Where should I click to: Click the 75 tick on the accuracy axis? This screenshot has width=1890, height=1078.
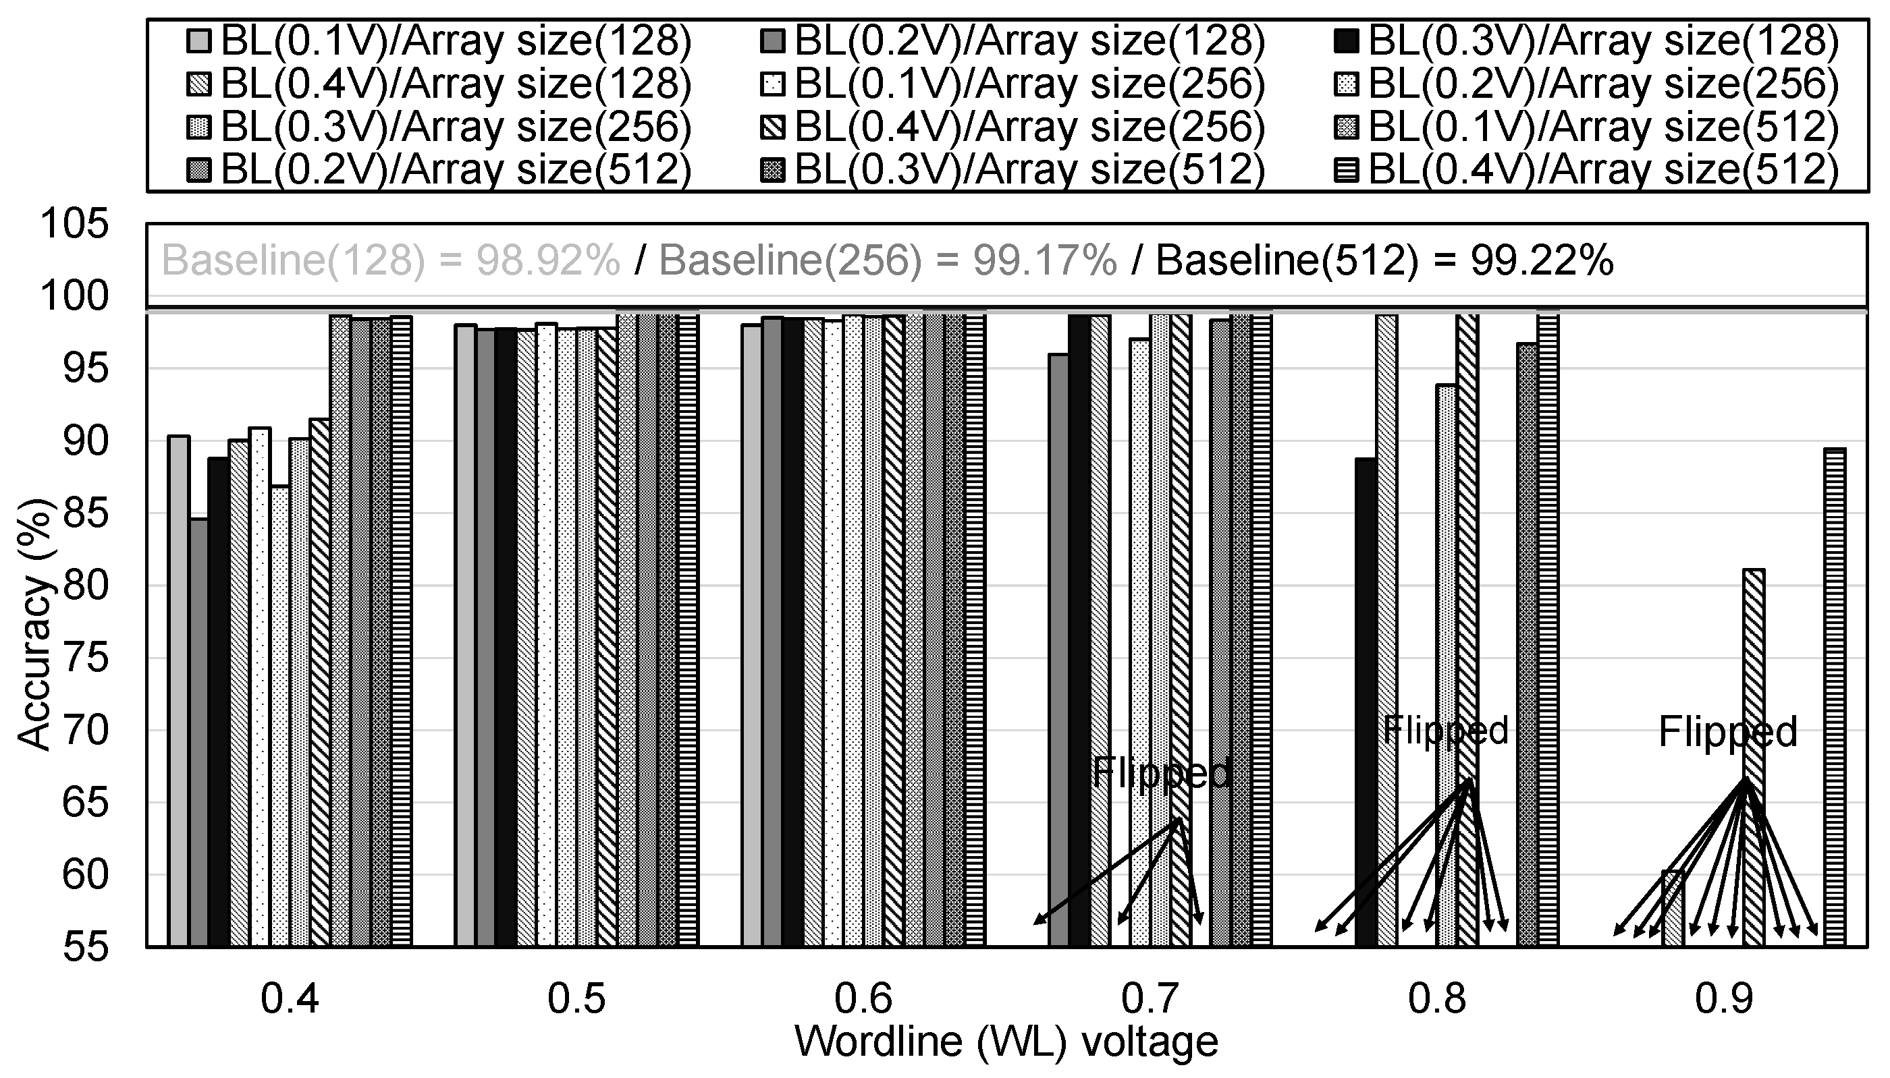click(x=85, y=658)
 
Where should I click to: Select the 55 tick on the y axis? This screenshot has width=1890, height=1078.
click(x=85, y=947)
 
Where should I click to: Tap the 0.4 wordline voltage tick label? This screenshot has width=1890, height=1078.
click(x=290, y=1000)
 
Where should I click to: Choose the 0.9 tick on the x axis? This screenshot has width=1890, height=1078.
click(x=1723, y=1000)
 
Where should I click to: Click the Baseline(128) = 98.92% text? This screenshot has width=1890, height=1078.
click(x=390, y=260)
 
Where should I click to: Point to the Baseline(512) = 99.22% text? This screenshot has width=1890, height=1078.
click(x=1384, y=260)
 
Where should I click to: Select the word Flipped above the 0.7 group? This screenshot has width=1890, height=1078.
click(x=1162, y=772)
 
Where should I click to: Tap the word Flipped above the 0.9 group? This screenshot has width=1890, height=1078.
click(x=1728, y=731)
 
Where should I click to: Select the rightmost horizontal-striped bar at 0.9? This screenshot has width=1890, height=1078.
click(x=1835, y=696)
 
